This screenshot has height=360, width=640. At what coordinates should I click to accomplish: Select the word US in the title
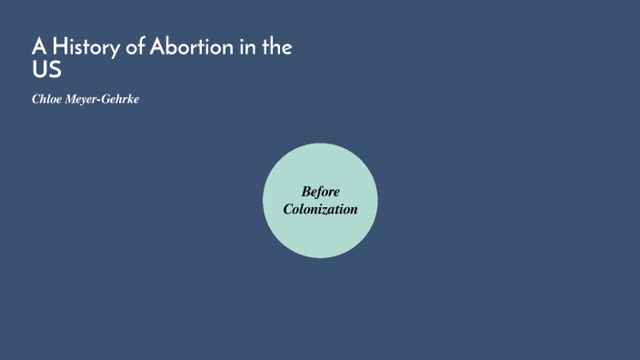tap(46, 70)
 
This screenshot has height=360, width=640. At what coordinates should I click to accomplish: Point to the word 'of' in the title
tap(135, 47)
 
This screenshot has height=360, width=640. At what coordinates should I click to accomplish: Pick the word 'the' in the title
tap(276, 47)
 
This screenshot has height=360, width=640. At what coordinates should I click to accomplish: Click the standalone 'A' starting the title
tap(39, 47)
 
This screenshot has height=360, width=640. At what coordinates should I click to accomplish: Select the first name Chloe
tap(47, 98)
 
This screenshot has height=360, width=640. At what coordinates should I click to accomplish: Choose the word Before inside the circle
tap(320, 191)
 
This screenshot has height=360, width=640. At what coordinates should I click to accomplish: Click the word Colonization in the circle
tap(320, 209)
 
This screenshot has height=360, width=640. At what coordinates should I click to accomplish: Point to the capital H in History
tap(60, 47)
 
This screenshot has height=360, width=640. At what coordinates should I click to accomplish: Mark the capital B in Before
tap(306, 191)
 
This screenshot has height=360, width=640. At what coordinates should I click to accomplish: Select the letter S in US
tap(55, 70)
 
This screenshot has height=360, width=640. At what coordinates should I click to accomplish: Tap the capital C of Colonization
tap(288, 209)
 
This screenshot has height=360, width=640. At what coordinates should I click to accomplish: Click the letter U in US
tap(39, 70)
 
